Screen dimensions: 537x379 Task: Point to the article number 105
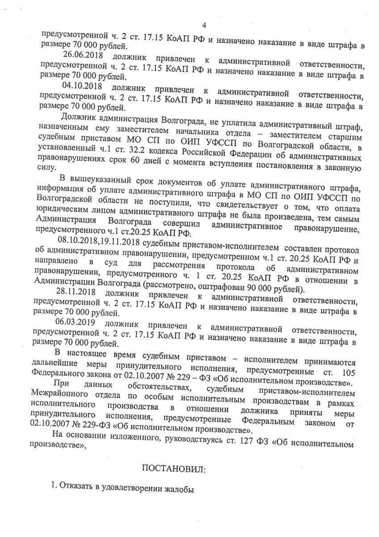(x=348, y=373)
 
